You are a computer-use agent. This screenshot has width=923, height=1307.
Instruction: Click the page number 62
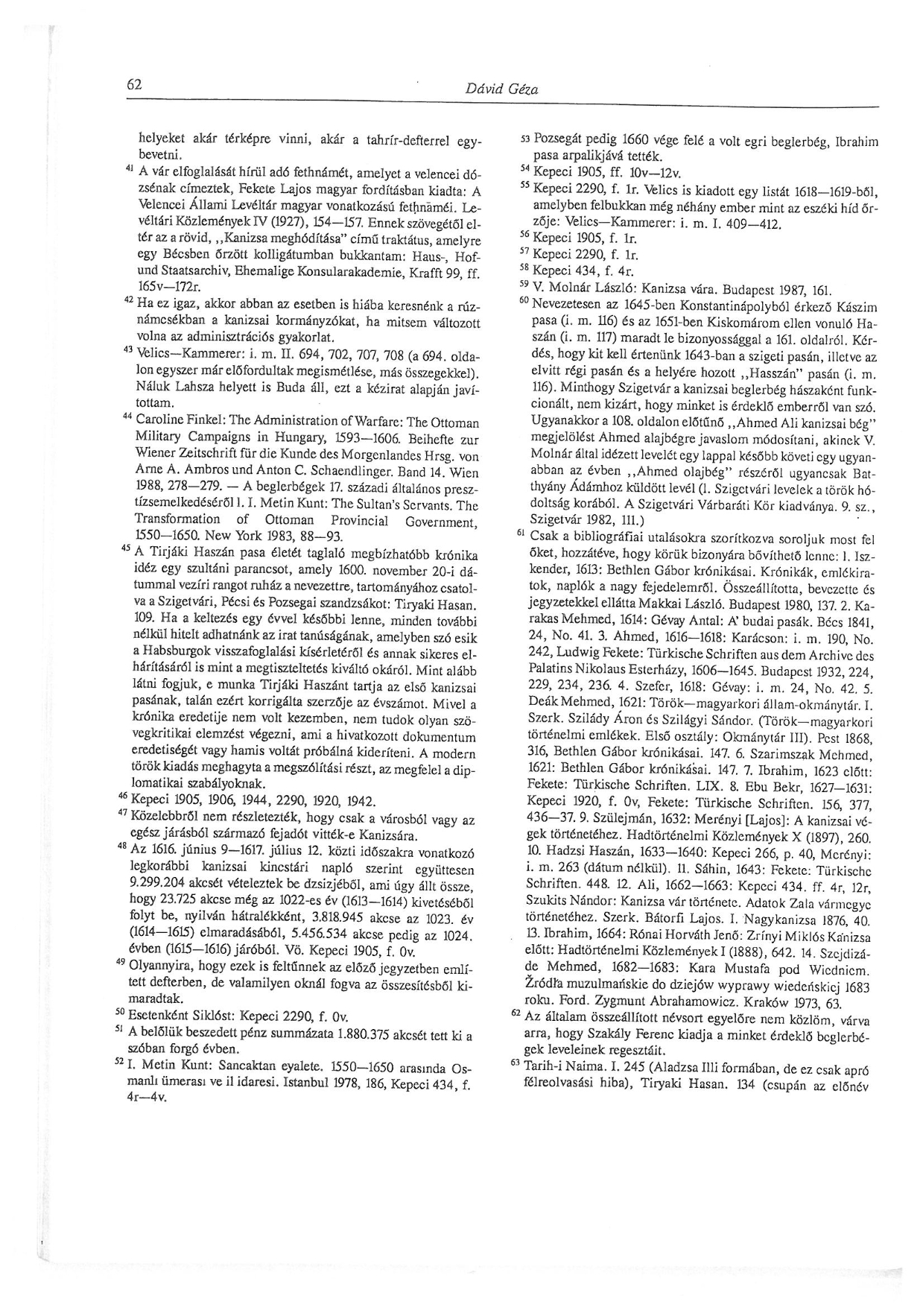[134, 84]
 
